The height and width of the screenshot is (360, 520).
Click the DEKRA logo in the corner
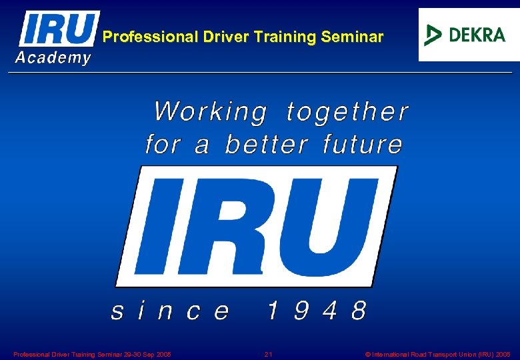(x=468, y=35)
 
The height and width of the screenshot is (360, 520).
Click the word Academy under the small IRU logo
(x=53, y=58)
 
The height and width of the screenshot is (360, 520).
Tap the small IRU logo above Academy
(x=59, y=29)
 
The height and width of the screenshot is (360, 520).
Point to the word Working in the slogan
(x=210, y=112)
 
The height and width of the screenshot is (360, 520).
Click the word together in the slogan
(x=347, y=112)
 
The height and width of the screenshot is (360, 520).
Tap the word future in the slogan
(x=363, y=144)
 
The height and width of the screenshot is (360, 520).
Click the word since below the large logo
(x=170, y=311)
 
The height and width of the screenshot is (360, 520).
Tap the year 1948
(x=317, y=311)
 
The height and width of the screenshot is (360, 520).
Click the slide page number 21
(x=268, y=354)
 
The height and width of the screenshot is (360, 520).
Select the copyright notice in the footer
(x=438, y=354)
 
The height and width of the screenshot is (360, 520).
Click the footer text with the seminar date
(x=92, y=354)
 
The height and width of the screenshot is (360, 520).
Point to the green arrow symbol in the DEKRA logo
(x=434, y=35)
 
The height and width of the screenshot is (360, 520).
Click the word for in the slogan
(x=162, y=144)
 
